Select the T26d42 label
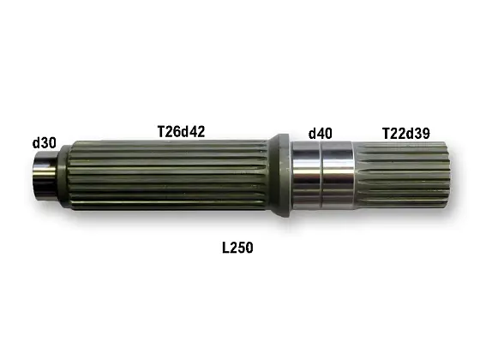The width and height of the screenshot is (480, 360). point(181,131)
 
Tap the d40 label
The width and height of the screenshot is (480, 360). point(320,134)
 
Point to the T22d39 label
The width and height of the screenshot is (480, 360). point(405,132)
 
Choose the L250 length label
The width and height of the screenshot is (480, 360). point(237,248)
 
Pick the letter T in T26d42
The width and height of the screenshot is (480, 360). point(161,131)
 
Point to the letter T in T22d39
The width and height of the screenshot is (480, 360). point(386,132)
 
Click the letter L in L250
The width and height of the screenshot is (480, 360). point(226,248)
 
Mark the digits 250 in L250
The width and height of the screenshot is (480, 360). point(242,248)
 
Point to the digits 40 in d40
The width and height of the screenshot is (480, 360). point(324,134)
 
